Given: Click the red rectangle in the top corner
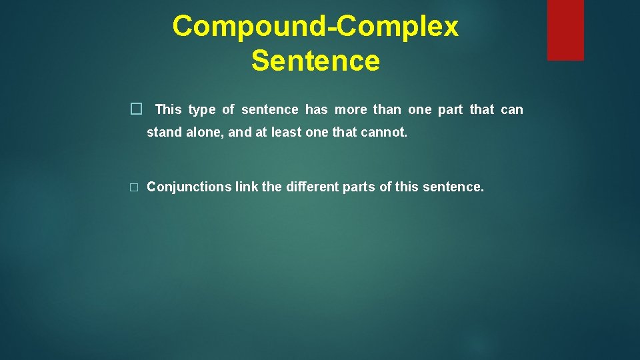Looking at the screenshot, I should click(x=565, y=30).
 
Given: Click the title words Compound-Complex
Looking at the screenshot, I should click(x=315, y=27).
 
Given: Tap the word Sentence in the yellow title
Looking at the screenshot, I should click(x=315, y=61).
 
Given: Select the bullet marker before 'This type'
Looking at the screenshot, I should click(x=136, y=109).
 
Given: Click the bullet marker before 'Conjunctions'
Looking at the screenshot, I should click(x=134, y=187).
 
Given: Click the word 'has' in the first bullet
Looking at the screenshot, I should click(x=317, y=109).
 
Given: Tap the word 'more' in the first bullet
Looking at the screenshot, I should click(x=351, y=109).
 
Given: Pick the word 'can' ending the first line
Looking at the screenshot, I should click(x=512, y=109).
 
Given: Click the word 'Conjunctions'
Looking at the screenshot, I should click(x=189, y=187).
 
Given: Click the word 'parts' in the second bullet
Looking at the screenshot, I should click(x=359, y=187).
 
